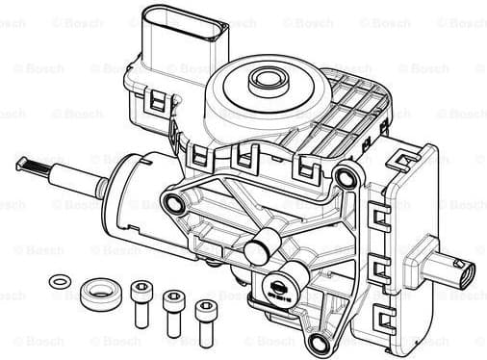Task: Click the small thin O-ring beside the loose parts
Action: click(60, 281)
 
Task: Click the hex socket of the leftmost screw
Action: click(141, 286)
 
